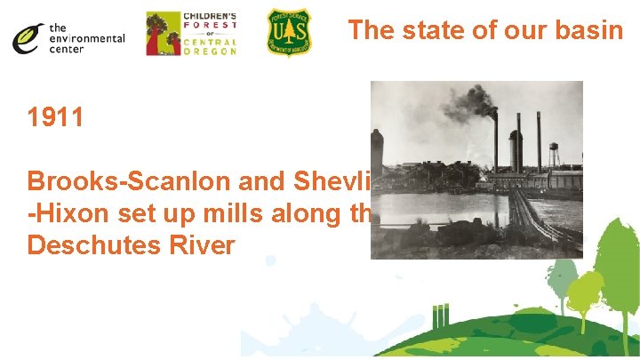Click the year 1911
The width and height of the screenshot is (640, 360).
click(56, 116)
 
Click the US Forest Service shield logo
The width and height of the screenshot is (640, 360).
click(289, 33)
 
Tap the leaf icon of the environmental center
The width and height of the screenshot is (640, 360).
click(28, 36)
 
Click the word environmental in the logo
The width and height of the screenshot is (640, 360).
click(87, 38)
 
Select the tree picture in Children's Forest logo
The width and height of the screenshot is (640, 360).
click(161, 34)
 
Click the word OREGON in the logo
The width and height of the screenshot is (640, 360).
click(210, 52)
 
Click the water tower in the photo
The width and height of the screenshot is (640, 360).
click(554, 154)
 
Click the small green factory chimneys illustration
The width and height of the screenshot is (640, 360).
click(437, 316)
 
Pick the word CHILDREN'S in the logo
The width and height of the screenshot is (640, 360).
click(209, 17)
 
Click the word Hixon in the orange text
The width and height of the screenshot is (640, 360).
click(63, 212)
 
